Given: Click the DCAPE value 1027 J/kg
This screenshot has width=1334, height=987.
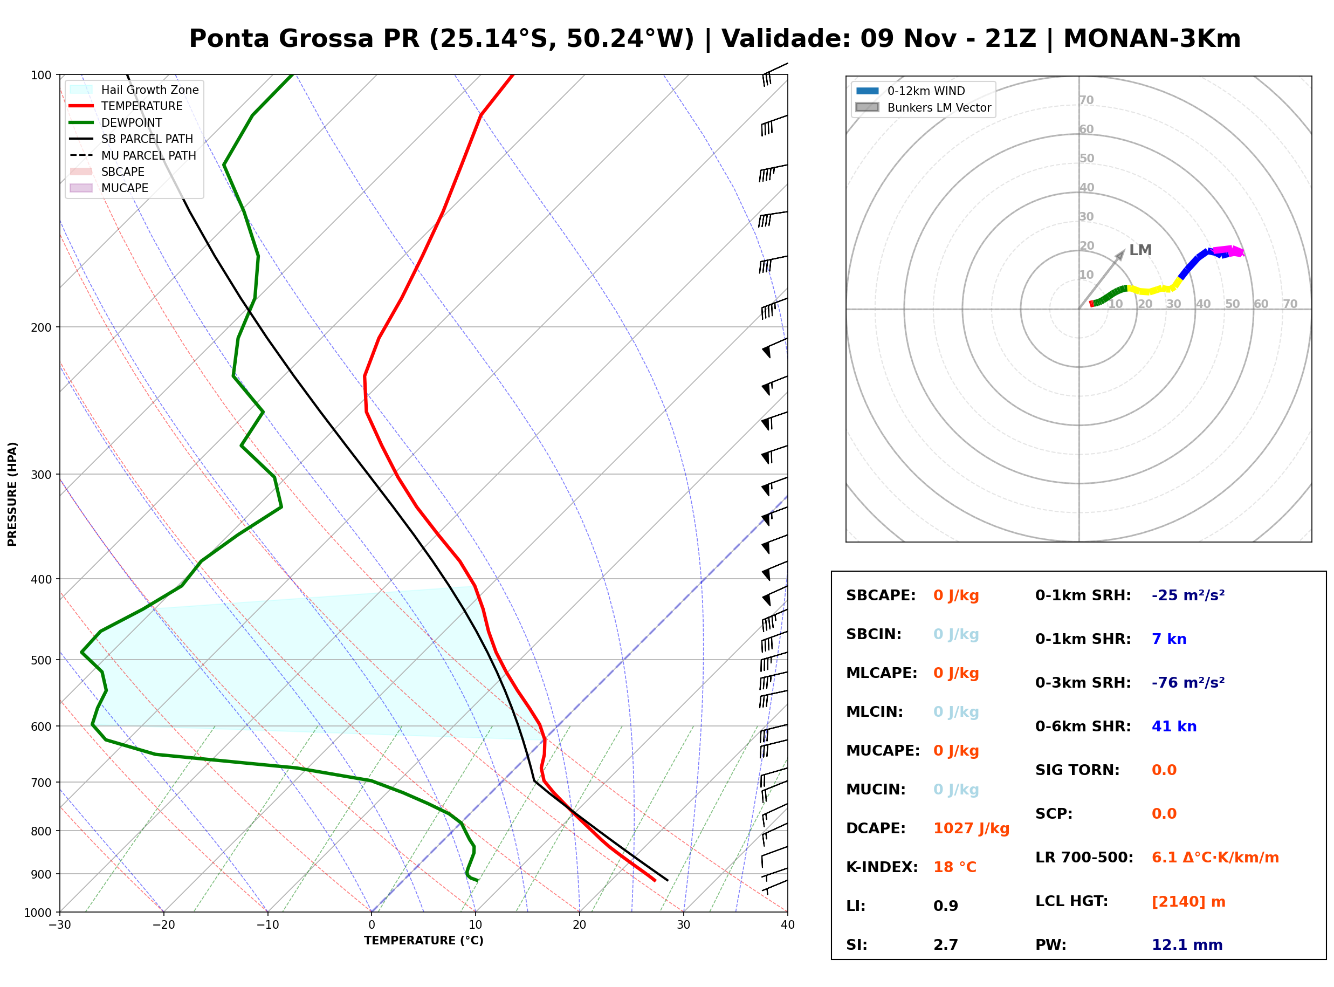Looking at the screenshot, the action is pyautogui.click(x=971, y=828).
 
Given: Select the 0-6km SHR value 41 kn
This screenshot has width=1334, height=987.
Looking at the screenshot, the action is pyautogui.click(x=1174, y=726).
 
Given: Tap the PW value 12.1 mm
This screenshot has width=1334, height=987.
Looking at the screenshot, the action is pyautogui.click(x=1187, y=944).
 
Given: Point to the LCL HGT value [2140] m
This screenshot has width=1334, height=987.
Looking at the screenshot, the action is pyautogui.click(x=1188, y=902).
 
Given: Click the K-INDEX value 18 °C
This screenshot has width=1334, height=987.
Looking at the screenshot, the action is pyautogui.click(x=955, y=867).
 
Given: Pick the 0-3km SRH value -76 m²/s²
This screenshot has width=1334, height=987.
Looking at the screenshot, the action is pyautogui.click(x=1188, y=682).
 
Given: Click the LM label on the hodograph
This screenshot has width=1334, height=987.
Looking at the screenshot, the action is pyautogui.click(x=1140, y=250).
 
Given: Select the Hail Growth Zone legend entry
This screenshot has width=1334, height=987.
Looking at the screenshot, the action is pyautogui.click(x=134, y=90).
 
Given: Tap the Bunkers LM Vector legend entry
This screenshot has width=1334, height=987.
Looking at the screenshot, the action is pyautogui.click(x=923, y=107).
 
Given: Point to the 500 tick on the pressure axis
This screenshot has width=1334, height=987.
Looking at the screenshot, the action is pyautogui.click(x=41, y=660).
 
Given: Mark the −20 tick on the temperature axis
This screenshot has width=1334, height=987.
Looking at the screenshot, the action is pyautogui.click(x=163, y=925).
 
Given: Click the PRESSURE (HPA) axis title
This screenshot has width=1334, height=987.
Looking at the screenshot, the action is pyautogui.click(x=12, y=494).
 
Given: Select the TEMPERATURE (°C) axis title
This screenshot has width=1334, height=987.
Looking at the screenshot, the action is pyautogui.click(x=424, y=941).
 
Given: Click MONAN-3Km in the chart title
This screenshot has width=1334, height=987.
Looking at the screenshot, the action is pyautogui.click(x=1152, y=39).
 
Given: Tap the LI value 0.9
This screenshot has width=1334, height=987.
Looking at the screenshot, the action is pyautogui.click(x=946, y=906).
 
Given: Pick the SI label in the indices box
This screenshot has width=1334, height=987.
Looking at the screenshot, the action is pyautogui.click(x=856, y=944).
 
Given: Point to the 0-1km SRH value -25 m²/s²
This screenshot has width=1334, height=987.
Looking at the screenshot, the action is pyautogui.click(x=1188, y=595).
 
